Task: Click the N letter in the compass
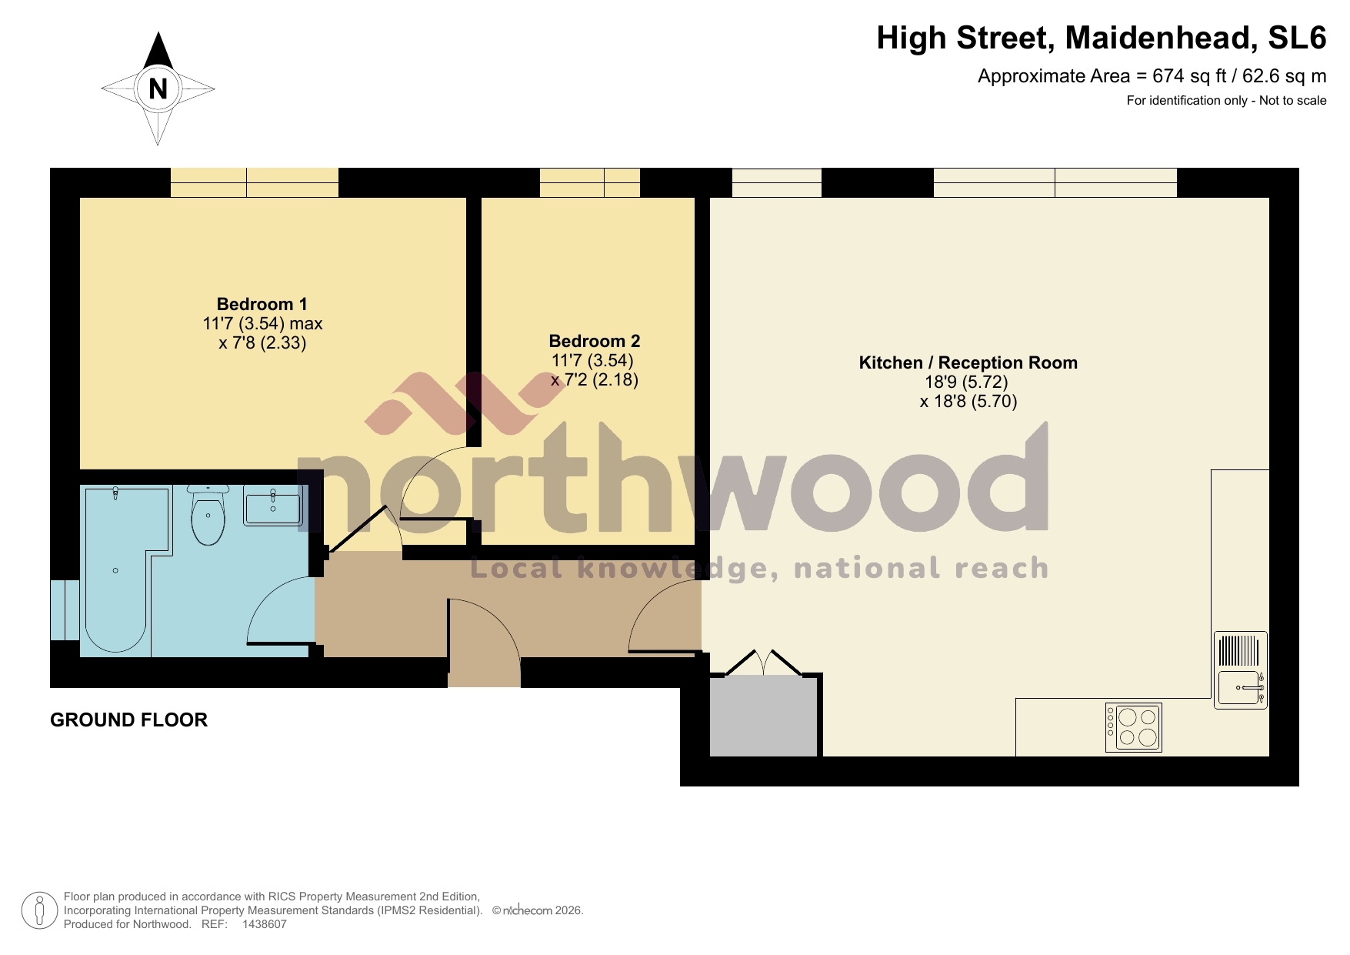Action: (158, 89)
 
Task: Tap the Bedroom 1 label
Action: (262, 304)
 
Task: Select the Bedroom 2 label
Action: (594, 341)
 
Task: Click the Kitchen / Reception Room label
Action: (968, 362)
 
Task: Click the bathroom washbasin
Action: (272, 506)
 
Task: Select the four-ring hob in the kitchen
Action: (1133, 727)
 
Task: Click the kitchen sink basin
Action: (1238, 687)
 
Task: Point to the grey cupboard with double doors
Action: (763, 716)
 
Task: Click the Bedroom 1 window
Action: (254, 183)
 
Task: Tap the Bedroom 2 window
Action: (589, 183)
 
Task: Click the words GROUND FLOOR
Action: (128, 720)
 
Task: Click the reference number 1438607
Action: (264, 924)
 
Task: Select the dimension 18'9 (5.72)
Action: (966, 382)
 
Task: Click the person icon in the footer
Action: (39, 910)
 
